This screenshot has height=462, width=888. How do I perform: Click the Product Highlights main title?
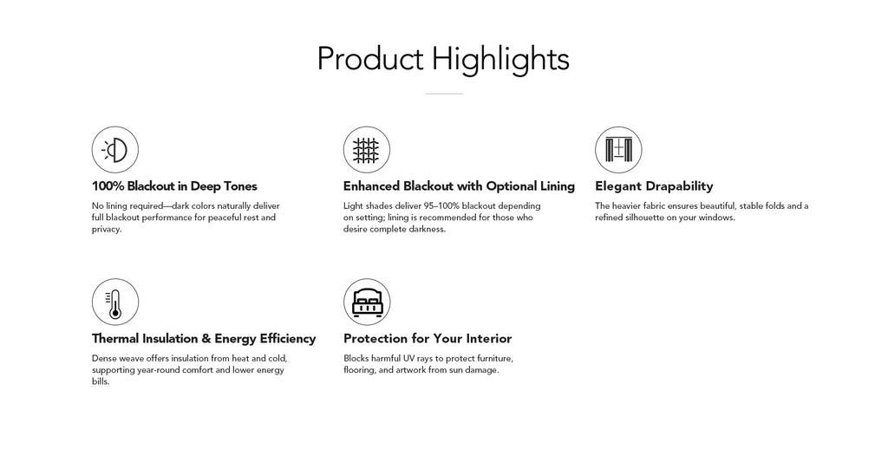pos(443,60)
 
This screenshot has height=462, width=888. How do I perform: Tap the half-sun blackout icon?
pos(115,149)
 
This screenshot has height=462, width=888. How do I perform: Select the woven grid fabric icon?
pos(367,149)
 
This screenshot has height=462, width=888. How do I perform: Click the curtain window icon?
pos(618,149)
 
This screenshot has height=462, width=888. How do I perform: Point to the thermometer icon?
pos(115,302)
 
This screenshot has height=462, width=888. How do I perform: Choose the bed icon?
pos(367,302)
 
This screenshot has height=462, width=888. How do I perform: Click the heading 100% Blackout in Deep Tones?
pos(174,186)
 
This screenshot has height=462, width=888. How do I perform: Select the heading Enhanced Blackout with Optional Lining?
pos(459,186)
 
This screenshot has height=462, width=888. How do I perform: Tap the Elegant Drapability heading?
pos(654,186)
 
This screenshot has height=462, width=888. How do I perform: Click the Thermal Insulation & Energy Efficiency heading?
pos(204,339)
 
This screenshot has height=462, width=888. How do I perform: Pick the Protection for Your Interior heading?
pos(428,339)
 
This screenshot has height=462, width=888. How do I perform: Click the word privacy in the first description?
pos(106,230)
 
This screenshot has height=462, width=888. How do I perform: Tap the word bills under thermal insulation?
pos(101,381)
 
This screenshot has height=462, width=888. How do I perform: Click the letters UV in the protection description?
pos(408,358)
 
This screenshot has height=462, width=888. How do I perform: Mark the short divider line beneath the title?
pos(444,94)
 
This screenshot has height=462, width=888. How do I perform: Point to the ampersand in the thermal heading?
pos(206,339)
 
